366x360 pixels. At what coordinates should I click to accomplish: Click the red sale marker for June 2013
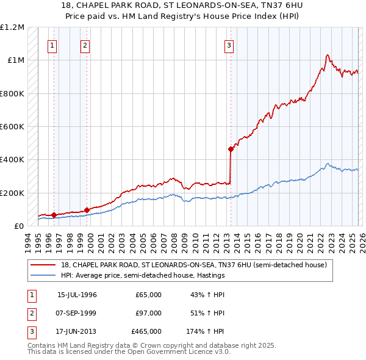click(x=231, y=149)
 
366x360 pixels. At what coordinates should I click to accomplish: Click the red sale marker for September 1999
click(x=87, y=210)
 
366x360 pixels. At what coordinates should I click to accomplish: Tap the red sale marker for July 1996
click(x=54, y=215)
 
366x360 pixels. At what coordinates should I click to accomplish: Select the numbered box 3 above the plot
click(x=229, y=45)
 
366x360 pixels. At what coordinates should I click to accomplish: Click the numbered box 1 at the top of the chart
click(x=52, y=45)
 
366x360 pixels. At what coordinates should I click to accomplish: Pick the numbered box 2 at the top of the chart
click(x=85, y=45)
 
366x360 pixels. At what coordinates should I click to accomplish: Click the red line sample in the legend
click(x=44, y=265)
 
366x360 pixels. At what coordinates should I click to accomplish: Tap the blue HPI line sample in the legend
click(x=44, y=275)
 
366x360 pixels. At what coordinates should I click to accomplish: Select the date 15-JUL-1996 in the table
click(x=77, y=295)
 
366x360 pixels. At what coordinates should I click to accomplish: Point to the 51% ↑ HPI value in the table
click(x=207, y=312)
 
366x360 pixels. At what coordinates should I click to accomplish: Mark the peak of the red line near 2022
click(x=328, y=55)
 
